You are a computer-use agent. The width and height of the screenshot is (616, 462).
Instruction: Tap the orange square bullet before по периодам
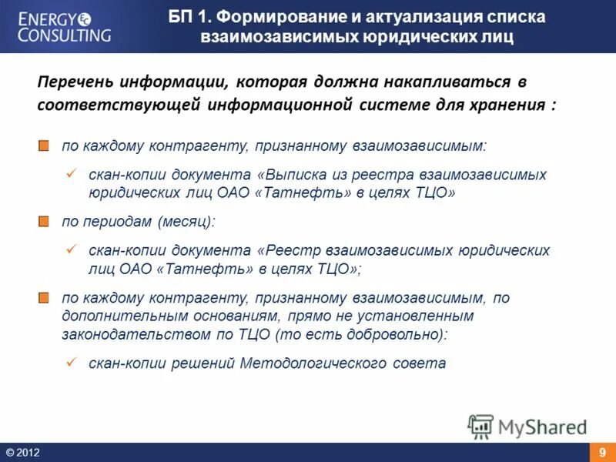pos(45,222)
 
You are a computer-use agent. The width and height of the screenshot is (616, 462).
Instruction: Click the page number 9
pos(602,453)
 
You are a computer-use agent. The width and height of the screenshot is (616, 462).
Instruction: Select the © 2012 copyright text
pos(22,453)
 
